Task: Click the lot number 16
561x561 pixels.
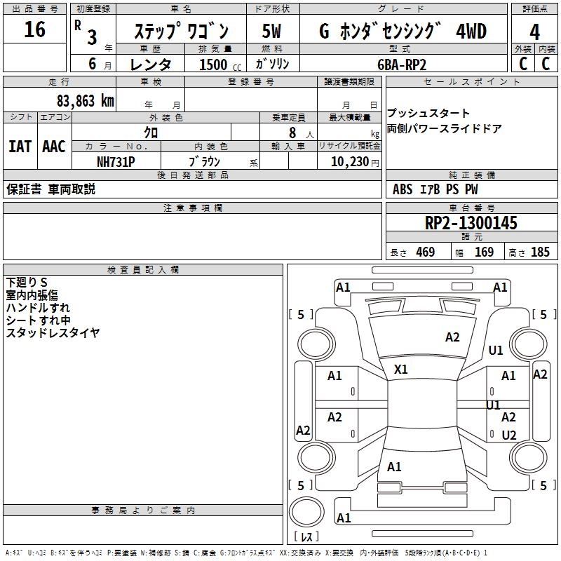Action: tap(34, 30)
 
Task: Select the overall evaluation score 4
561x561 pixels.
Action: tap(534, 32)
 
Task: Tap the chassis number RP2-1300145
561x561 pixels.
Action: tap(471, 223)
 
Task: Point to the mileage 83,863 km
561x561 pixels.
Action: tap(85, 100)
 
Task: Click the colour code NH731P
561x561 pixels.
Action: tap(116, 161)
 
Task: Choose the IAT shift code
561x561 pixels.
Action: tap(20, 146)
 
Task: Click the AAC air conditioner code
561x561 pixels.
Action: tap(53, 146)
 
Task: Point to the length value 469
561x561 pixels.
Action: tap(425, 252)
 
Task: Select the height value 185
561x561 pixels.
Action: tap(540, 252)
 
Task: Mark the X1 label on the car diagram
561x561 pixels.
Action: tap(401, 369)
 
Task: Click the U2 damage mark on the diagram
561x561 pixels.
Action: tap(509, 435)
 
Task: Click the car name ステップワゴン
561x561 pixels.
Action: tap(181, 32)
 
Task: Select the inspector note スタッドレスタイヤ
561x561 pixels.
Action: tap(53, 332)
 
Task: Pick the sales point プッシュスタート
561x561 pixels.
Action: tap(428, 114)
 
